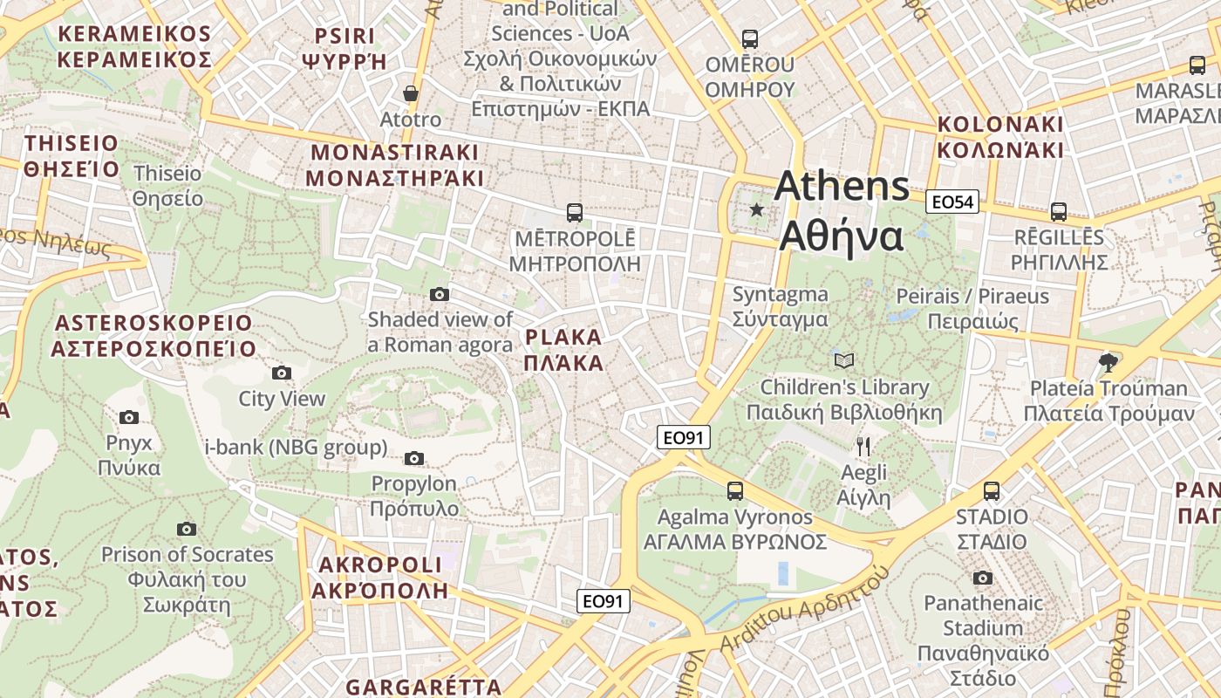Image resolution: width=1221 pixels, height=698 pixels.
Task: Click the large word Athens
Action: pos(842,186)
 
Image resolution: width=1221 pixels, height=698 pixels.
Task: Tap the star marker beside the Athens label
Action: pos(756,210)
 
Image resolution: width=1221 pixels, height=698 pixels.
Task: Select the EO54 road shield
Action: pos(952,202)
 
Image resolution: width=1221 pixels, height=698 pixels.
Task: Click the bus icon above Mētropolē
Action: pos(575,212)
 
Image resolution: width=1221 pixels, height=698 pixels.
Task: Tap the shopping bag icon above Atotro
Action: pos(411,93)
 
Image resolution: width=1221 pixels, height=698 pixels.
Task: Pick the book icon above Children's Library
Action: pos(843,360)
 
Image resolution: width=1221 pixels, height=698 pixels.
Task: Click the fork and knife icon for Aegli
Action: pos(863,447)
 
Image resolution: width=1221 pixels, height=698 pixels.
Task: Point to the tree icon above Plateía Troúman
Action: pos(1108,361)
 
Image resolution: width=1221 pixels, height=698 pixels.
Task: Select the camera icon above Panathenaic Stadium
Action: pos(983,578)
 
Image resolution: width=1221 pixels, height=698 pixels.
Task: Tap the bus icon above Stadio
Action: pos(992,491)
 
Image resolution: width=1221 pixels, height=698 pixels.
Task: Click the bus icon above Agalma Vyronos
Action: pos(735,491)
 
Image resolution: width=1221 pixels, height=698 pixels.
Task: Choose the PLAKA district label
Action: pos(564,338)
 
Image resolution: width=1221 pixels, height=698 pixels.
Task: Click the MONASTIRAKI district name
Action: pos(394,153)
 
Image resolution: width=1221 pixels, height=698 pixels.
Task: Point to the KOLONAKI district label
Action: pos(1000,124)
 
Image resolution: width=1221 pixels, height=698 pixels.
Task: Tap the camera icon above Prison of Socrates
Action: pos(187,529)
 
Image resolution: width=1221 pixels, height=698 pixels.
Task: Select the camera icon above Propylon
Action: pos(414,459)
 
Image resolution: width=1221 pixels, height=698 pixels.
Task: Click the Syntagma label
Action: pos(780,295)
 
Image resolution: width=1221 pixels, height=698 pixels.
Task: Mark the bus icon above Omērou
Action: pos(749,39)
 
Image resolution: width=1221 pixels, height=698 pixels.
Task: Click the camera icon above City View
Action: pos(282,373)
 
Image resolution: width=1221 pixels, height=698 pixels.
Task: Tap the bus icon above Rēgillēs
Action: pos(1059,211)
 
